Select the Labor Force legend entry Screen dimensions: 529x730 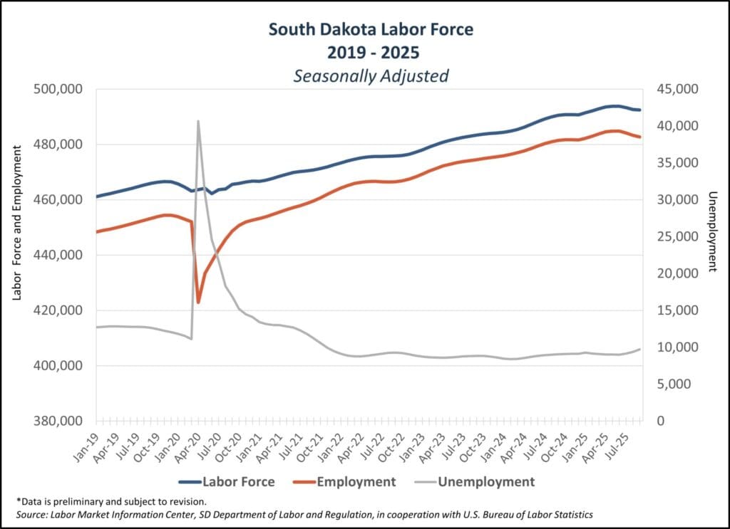[238, 482]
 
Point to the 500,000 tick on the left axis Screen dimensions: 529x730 [58, 89]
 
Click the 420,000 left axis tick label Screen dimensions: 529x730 [58, 310]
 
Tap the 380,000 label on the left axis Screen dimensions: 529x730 [58, 421]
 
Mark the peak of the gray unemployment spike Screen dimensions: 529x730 [198, 121]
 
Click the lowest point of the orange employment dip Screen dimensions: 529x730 [198, 303]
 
